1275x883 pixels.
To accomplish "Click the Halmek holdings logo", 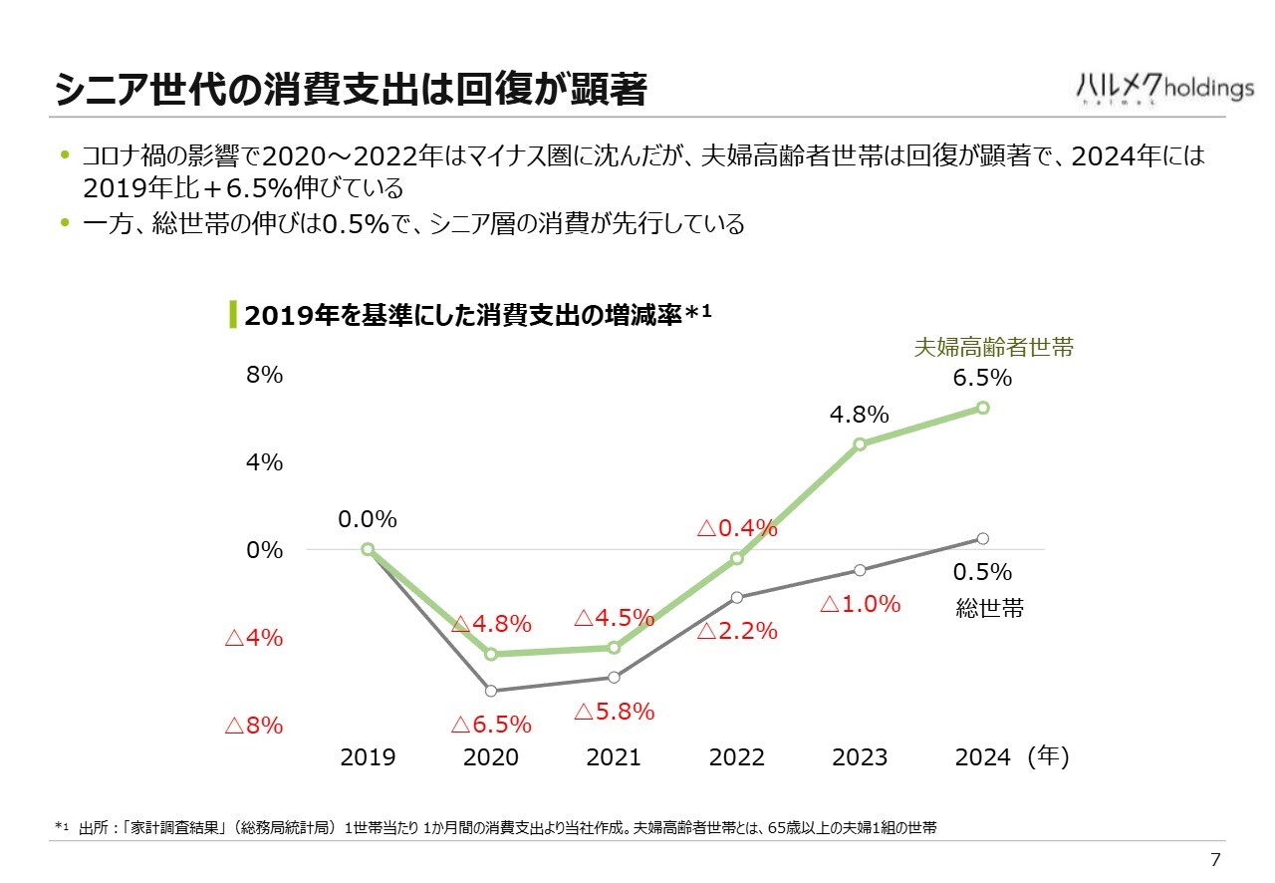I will [x=1164, y=88].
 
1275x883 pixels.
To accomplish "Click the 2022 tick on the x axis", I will [x=737, y=757].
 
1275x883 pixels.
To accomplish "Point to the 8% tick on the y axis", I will [x=265, y=376].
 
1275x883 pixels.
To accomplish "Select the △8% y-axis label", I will [x=254, y=726].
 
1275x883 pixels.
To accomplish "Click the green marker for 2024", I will [x=983, y=407].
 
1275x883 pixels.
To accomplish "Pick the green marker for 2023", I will [x=860, y=443].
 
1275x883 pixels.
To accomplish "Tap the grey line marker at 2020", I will [x=491, y=691].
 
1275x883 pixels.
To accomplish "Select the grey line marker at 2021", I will [x=614, y=678].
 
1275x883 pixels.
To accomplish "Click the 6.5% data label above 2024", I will [x=982, y=378].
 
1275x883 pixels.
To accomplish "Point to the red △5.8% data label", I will [x=615, y=712].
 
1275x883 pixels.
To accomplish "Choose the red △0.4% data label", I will [x=737, y=528].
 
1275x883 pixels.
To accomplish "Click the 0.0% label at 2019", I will [x=368, y=519].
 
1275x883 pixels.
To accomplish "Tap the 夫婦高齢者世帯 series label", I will [x=994, y=348].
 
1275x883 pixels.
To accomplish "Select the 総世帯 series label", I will [x=990, y=608].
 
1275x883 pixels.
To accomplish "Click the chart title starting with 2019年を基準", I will [x=477, y=315].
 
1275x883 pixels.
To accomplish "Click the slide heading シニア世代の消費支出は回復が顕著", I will [x=351, y=90].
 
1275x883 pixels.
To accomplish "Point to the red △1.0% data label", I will [x=860, y=604].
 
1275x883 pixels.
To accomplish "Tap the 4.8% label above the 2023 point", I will [x=859, y=415].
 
